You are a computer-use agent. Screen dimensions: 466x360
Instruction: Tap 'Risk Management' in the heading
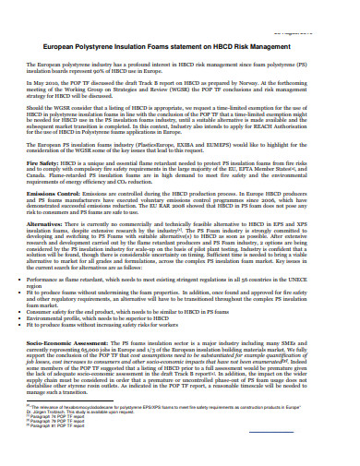289,45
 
